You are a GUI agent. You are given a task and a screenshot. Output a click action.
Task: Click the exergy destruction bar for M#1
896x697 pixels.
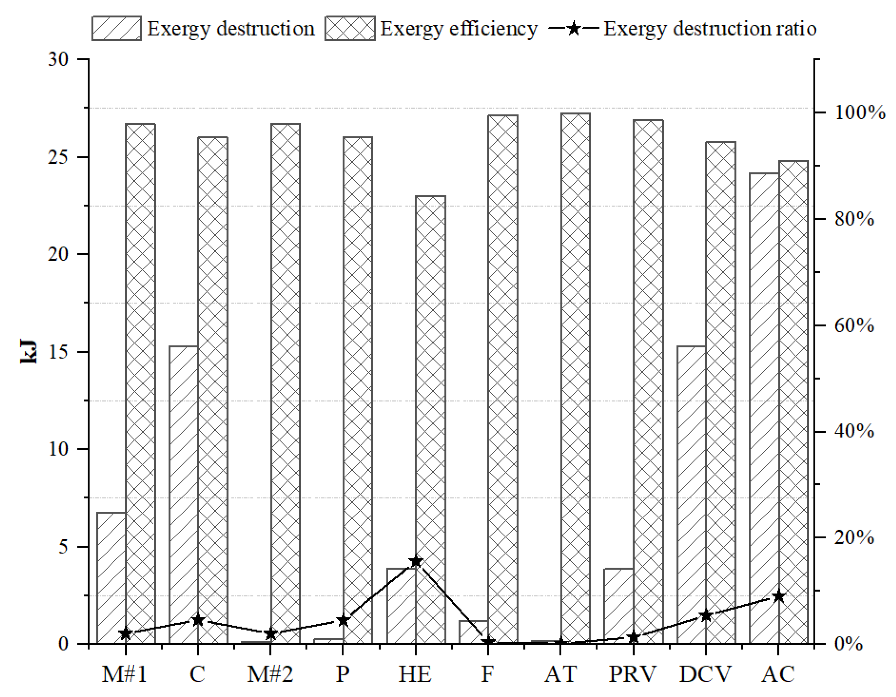(x=111, y=578)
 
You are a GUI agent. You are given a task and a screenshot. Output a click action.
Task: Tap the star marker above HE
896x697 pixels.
(x=416, y=561)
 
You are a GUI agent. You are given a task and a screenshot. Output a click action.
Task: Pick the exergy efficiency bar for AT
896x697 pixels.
(x=576, y=377)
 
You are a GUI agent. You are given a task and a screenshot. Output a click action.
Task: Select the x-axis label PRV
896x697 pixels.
(x=632, y=674)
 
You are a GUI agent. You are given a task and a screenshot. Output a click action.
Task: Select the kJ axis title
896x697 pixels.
(x=29, y=352)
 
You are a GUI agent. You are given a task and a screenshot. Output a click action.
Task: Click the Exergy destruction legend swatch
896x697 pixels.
(x=117, y=28)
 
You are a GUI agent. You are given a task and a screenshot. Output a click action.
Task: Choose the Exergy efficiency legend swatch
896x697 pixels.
(x=350, y=28)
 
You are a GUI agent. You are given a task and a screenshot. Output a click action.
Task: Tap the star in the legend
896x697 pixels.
(x=574, y=29)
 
